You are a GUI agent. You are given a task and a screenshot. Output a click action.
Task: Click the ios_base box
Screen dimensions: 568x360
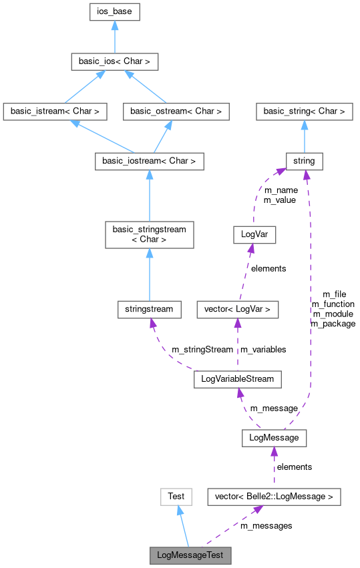(115, 11)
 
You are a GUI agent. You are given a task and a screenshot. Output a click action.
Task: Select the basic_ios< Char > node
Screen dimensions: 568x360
(115, 62)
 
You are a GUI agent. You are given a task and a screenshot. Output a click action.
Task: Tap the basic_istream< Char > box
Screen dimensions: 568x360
(55, 111)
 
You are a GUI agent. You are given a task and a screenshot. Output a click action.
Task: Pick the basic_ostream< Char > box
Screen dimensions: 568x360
(176, 111)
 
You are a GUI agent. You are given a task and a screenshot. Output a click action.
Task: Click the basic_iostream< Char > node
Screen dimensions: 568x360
(149, 161)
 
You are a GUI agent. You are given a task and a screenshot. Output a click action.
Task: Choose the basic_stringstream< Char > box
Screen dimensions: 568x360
(149, 235)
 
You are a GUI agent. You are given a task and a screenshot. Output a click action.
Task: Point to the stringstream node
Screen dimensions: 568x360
(149, 309)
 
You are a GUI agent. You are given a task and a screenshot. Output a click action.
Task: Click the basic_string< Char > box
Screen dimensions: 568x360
(305, 111)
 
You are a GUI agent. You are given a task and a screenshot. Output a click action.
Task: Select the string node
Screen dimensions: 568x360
(305, 161)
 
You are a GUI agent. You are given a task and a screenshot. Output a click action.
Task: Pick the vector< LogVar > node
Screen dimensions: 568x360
(237, 309)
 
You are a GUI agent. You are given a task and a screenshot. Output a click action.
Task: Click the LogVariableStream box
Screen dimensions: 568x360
(237, 380)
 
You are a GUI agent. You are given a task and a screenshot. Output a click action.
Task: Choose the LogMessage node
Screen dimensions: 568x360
(274, 438)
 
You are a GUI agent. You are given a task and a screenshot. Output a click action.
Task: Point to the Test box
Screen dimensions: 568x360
(176, 497)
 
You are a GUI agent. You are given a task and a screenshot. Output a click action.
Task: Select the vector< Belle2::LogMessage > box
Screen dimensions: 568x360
(274, 497)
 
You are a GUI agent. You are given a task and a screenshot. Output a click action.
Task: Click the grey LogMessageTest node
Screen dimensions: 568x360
(190, 555)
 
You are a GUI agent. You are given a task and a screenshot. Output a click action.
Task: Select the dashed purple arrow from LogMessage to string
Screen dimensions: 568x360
(309, 300)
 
